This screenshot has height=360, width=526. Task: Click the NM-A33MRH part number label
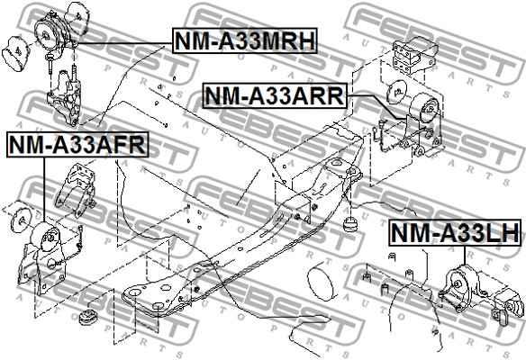pyautogui.click(x=245, y=40)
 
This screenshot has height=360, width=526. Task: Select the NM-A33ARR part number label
pyautogui.click(x=275, y=96)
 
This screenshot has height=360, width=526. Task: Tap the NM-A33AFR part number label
pyautogui.click(x=77, y=145)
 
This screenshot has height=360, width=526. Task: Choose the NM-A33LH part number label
pyautogui.click(x=456, y=232)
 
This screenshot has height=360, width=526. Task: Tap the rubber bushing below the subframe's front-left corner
pyautogui.click(x=88, y=317)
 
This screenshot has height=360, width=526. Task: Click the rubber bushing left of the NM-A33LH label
pyautogui.click(x=350, y=224)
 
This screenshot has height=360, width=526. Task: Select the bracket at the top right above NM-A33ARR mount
pyautogui.click(x=414, y=55)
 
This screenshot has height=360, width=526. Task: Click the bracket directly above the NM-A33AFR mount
pyautogui.click(x=77, y=189)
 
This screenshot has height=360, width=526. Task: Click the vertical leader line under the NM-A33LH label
pyautogui.click(x=465, y=256)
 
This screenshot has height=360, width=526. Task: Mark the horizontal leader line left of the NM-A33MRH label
pyautogui.click(x=122, y=43)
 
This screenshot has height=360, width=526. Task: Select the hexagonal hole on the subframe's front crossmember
pyautogui.click(x=166, y=287)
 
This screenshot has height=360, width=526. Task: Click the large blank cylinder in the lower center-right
pyautogui.click(x=321, y=282)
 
